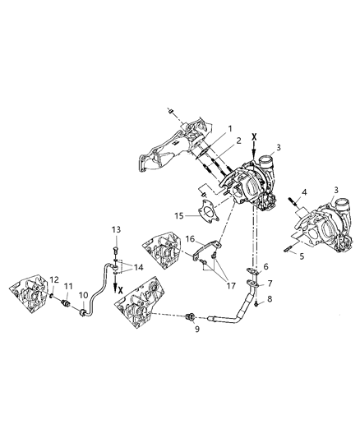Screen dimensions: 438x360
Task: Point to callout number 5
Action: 300,256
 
